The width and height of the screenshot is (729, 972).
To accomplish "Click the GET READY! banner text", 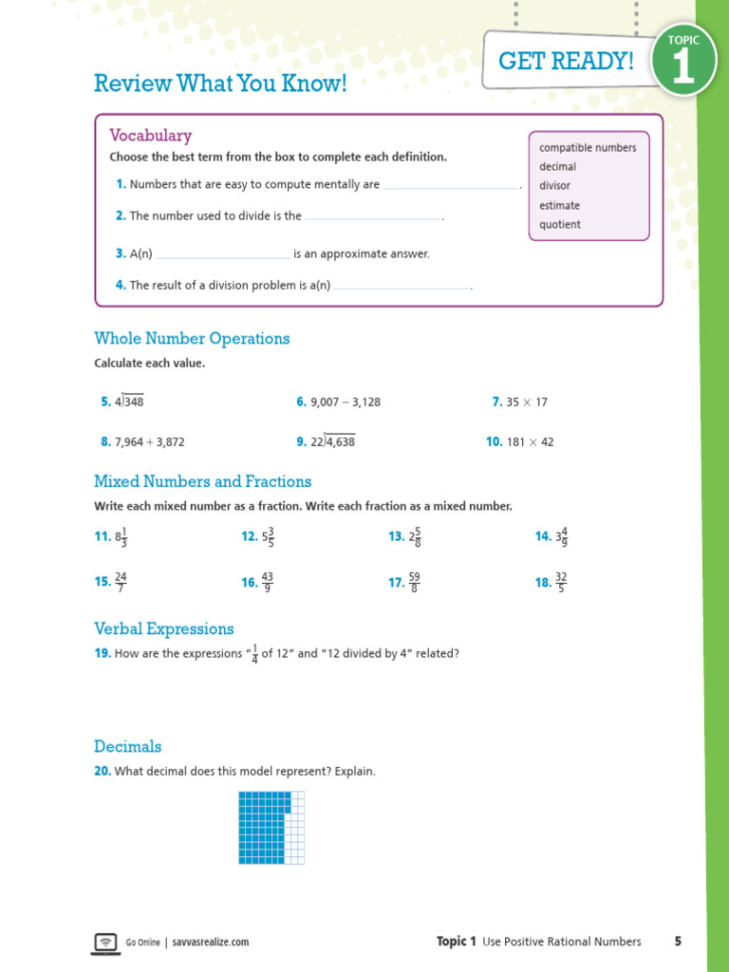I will coord(566,62).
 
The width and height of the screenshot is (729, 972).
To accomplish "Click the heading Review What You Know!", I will coord(220,84).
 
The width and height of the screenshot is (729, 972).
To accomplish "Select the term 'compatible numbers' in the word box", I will coord(588,147).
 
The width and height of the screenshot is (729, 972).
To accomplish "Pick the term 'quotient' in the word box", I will coord(560,225).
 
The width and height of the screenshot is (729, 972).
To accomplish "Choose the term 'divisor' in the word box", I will coord(555,186).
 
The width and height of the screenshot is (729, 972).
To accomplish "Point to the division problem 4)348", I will coord(129,402).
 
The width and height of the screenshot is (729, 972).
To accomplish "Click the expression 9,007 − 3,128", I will coord(345,402).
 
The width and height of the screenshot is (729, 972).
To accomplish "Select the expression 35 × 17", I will coord(527,402).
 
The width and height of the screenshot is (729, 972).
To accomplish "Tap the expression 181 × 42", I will coord(530,442).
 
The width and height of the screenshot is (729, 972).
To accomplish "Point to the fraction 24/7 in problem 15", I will coord(121,582).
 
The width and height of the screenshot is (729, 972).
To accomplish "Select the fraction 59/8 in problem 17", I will coord(415,582).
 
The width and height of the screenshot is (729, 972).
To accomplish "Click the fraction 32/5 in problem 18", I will coord(561,582).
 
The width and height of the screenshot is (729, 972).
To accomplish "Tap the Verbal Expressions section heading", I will coord(163,628).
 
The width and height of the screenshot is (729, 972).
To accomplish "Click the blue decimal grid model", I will coord(271,827).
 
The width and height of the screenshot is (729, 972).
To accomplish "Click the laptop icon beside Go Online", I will coord(105,942).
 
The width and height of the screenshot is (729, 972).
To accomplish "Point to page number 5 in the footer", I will coord(678,942).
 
